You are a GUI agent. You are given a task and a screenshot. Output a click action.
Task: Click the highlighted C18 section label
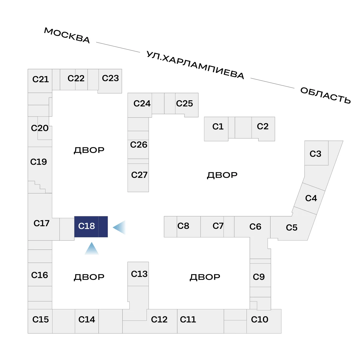[x=86, y=226]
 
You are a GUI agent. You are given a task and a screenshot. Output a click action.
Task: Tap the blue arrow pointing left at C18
[x=119, y=227]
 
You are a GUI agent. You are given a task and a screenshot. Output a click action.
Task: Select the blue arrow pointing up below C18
[x=91, y=248]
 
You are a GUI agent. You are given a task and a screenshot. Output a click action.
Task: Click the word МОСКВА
[x=67, y=35]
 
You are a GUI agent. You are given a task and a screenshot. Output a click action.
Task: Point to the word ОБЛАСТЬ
[x=325, y=95]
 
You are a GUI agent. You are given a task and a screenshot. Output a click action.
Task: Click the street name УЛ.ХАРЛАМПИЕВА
[x=195, y=65]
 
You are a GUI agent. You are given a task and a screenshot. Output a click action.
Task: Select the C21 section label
[x=40, y=79]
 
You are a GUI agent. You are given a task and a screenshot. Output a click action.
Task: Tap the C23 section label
[x=110, y=78]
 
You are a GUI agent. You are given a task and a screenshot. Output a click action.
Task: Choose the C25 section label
[x=184, y=103]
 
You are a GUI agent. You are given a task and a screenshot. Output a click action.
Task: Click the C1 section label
[x=218, y=127]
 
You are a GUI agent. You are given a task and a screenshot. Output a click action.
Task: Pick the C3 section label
[x=315, y=154]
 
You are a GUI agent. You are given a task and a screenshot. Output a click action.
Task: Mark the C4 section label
[x=311, y=198]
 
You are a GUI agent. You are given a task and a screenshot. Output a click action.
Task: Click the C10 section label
[x=259, y=319]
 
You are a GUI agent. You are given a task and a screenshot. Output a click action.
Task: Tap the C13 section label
[x=139, y=274]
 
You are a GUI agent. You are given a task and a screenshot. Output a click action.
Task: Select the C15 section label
[x=40, y=319]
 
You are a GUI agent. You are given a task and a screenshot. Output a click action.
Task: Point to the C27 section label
[x=139, y=175]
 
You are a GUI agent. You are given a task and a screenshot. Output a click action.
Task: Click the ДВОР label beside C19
[x=89, y=150]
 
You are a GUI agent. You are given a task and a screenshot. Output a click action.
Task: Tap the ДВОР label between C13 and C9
[x=205, y=277]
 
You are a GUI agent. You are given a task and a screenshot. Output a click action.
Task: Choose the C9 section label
[x=259, y=277]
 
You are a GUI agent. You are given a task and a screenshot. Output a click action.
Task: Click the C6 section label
[x=255, y=226]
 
